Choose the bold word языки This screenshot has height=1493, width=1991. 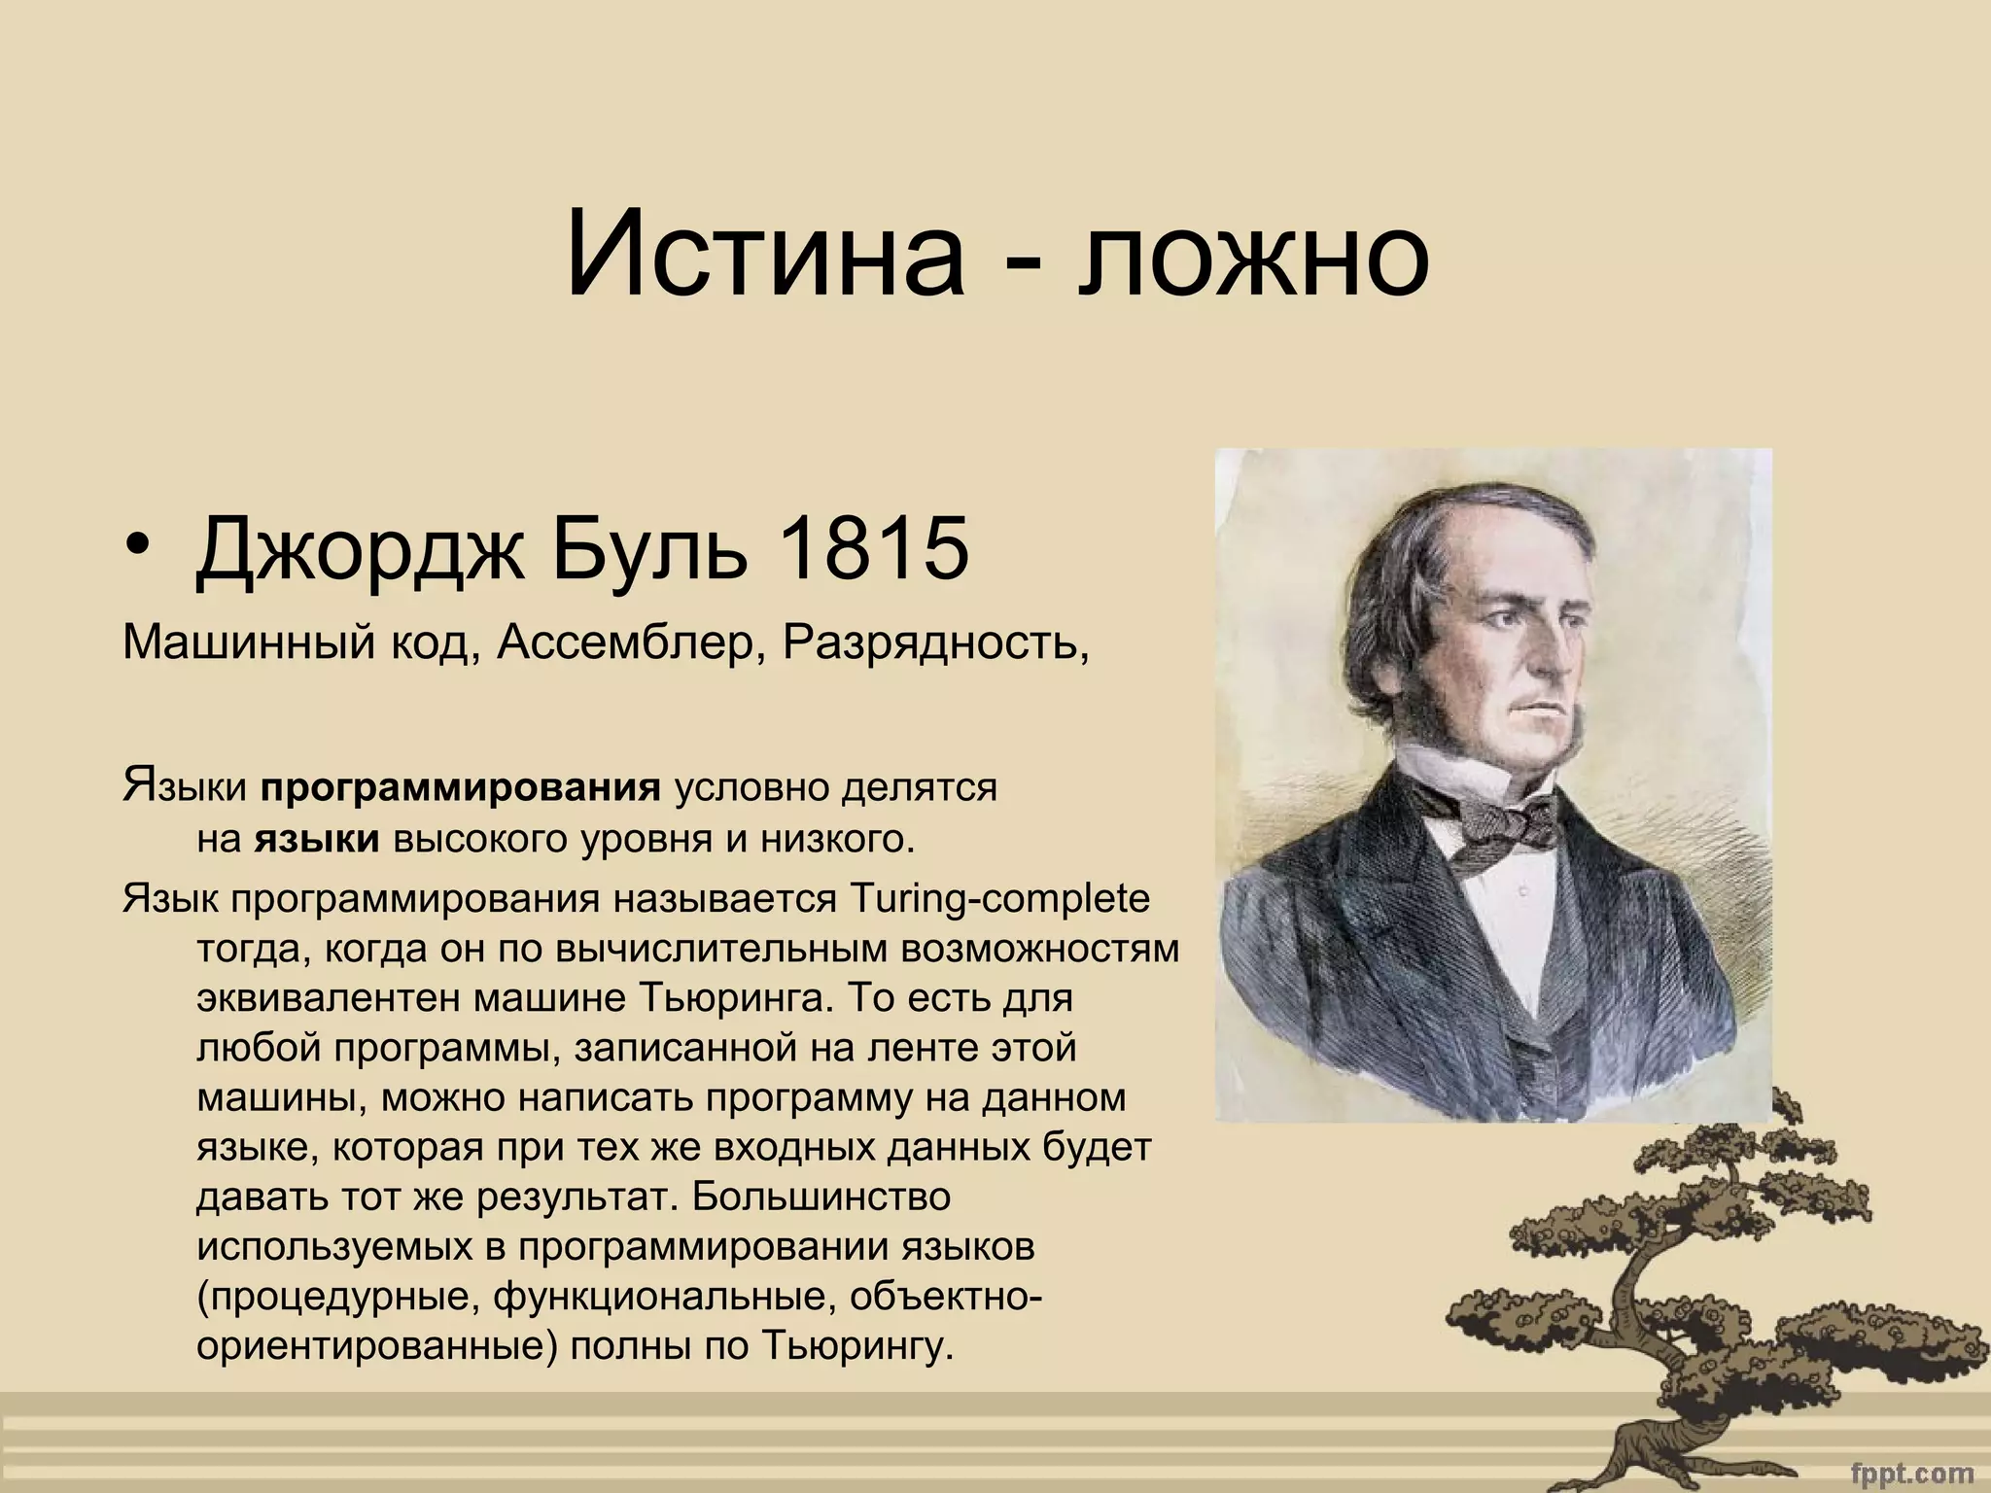pos(317,838)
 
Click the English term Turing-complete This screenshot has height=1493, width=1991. pos(999,898)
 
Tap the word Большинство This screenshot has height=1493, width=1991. pos(821,1196)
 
